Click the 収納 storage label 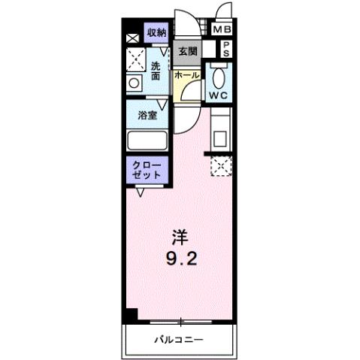tap(156, 32)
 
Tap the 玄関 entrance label tap(188, 52)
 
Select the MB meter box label tap(222, 31)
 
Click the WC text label tap(219, 95)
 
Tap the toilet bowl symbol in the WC tap(218, 77)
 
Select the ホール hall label tap(187, 75)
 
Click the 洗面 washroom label tap(156, 71)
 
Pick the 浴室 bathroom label tap(147, 115)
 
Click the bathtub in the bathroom tap(147, 140)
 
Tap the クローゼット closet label tap(147, 169)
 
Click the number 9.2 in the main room tap(180, 260)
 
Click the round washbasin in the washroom tap(135, 83)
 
